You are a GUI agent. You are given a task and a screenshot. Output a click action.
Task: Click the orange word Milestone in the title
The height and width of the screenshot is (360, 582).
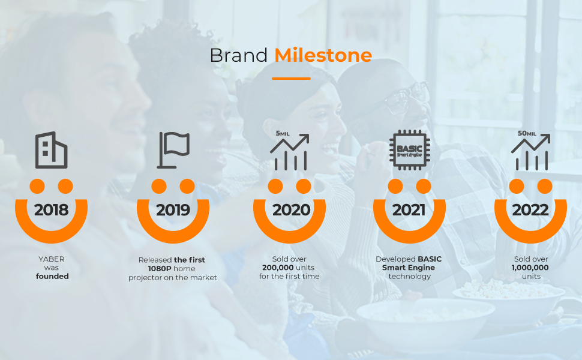(x=323, y=55)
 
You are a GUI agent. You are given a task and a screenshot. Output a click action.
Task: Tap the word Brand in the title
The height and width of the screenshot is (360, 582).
(x=238, y=55)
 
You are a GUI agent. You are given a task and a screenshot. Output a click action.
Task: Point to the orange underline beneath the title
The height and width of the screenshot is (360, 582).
(x=291, y=78)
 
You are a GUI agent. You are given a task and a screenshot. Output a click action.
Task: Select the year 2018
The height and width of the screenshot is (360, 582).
(x=51, y=210)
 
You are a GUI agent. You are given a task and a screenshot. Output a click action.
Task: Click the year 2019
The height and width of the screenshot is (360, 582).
(x=173, y=210)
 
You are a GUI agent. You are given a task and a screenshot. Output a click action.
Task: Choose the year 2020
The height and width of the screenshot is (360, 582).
(x=291, y=210)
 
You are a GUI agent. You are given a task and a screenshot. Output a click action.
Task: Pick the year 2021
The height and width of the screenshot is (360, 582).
(x=409, y=210)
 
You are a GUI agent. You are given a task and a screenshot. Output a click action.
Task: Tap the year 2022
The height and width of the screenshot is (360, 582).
(x=530, y=210)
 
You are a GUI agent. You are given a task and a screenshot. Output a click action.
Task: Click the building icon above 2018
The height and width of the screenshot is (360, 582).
(x=52, y=150)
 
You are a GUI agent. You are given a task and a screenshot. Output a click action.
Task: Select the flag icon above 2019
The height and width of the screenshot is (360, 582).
(x=173, y=149)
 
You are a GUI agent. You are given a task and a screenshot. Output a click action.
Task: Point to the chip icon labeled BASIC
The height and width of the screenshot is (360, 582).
(x=409, y=149)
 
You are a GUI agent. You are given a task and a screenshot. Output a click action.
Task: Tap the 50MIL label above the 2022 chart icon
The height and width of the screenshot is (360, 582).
(x=526, y=133)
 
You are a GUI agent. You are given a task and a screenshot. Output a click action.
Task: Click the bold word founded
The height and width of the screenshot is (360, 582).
(x=52, y=277)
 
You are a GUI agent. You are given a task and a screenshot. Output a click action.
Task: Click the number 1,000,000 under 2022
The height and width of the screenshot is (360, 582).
(x=531, y=268)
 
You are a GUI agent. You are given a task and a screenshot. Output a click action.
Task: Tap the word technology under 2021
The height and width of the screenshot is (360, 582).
(x=409, y=277)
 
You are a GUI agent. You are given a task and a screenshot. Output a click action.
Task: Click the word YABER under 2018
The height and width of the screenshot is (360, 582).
(x=51, y=259)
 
